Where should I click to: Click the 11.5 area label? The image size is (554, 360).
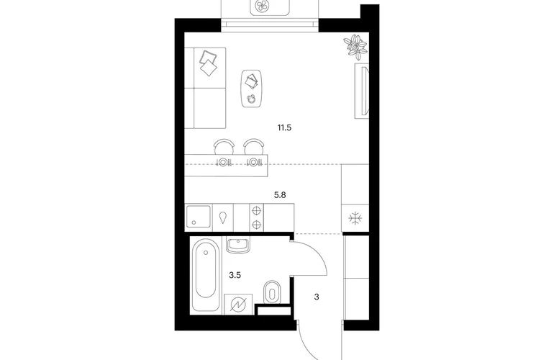284,128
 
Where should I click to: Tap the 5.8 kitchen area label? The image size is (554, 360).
280,195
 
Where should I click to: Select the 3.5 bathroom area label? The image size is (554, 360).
235,275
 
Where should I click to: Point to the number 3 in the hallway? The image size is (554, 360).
317,297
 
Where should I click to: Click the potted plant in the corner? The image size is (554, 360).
355,45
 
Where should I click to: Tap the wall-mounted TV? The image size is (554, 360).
362,91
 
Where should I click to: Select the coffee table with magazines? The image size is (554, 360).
252,89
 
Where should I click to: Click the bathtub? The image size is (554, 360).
206,275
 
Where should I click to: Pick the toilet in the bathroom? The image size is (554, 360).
272,292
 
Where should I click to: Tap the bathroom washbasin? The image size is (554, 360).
237,244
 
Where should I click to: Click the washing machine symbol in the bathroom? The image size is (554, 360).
238,304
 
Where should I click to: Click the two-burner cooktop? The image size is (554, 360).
257,217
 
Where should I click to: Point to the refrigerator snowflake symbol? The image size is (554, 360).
355,218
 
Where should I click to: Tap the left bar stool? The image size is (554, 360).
224,146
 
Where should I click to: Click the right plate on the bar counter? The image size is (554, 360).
253,162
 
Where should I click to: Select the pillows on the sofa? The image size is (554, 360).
209,63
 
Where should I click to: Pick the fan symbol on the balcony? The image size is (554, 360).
262,5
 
